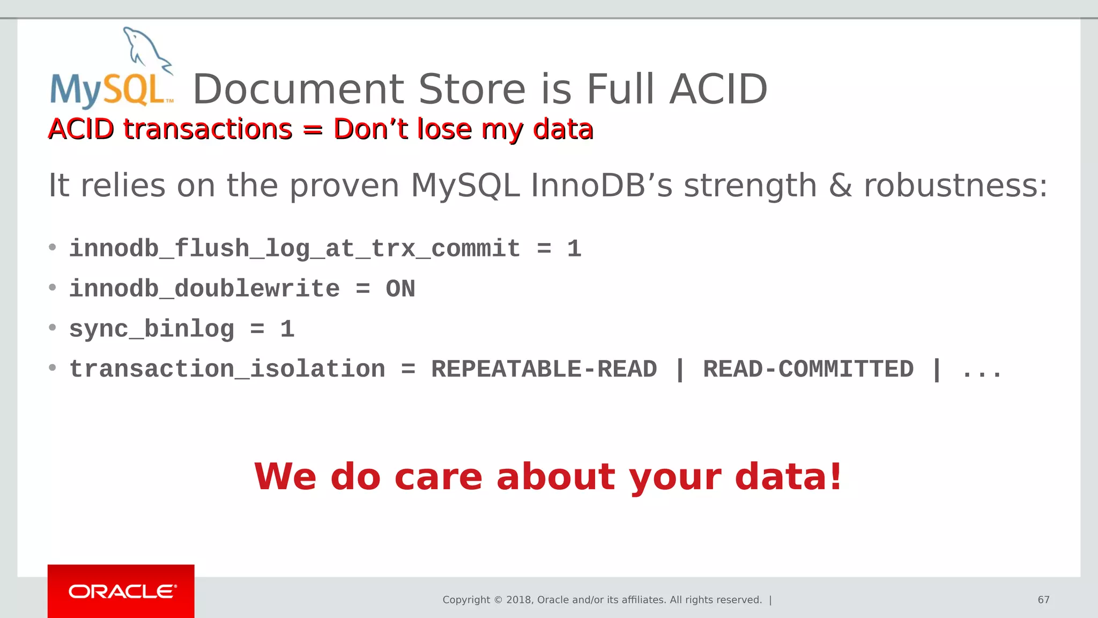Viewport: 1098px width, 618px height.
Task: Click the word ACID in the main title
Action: [718, 89]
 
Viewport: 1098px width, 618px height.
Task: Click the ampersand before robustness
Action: [840, 186]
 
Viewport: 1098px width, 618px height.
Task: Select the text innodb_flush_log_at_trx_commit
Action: [294, 249]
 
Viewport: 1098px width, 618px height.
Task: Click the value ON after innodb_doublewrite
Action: [400, 289]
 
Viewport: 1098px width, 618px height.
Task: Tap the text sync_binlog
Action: [152, 329]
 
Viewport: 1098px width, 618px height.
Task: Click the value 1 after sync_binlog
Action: [287, 329]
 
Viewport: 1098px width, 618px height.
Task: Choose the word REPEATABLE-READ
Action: [544, 369]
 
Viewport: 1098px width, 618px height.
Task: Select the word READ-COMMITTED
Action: [808, 369]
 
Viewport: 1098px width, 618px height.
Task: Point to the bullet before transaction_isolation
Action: [52, 368]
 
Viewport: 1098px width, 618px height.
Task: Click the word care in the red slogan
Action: [438, 477]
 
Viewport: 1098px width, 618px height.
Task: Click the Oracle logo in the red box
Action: [122, 591]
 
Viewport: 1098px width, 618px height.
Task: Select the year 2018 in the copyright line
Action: [518, 600]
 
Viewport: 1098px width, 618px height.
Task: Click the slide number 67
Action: [1043, 600]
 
